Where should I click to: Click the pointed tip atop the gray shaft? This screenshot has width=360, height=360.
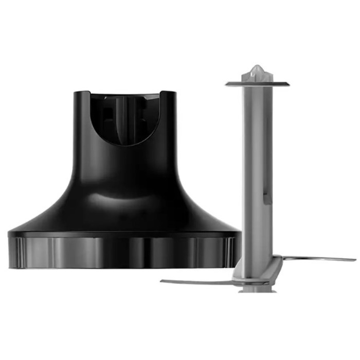257,68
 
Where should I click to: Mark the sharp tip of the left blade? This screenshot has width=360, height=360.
162,281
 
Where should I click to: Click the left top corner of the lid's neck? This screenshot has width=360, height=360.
76,94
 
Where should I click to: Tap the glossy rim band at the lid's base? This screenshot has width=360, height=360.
123,252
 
